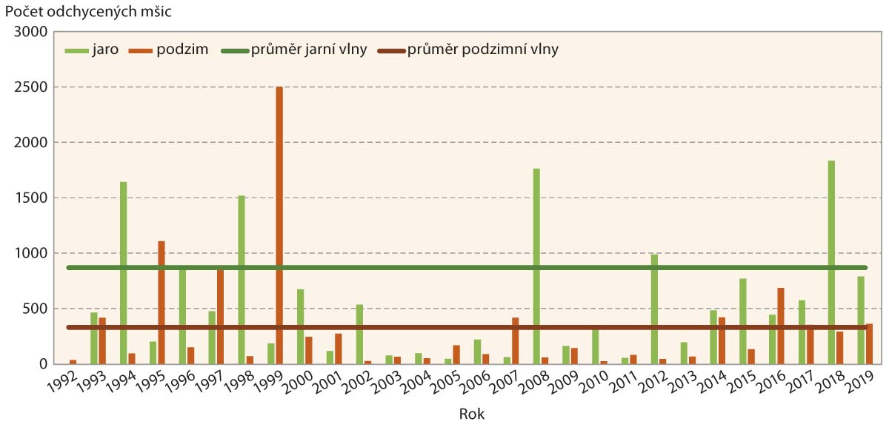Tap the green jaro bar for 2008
click(536, 266)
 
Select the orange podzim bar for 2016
click(781, 326)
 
